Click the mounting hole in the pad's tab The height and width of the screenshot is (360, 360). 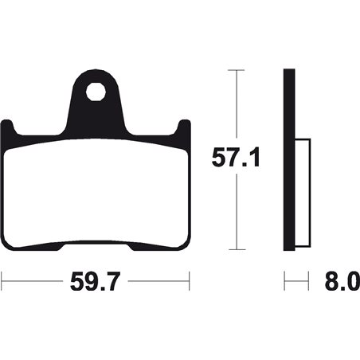[96, 90]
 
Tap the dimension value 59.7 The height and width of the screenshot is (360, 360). [95, 281]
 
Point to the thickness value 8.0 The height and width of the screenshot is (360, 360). [341, 281]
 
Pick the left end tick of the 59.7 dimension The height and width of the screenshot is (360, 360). [2, 281]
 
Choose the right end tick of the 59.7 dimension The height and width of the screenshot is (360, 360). [189, 281]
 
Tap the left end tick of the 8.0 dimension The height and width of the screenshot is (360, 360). [285, 281]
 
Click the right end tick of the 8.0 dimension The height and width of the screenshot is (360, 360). [309, 281]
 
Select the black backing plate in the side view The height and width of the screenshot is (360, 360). [290, 159]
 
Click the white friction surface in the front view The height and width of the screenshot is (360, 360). [96, 195]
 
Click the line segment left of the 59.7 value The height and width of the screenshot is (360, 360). [32, 281]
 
